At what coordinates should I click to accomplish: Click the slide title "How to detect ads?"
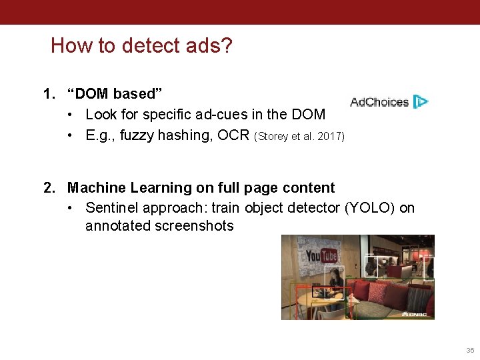141,45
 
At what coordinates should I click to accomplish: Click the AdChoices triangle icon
421,102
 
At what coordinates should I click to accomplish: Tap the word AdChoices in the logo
379,102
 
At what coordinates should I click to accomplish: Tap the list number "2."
50,188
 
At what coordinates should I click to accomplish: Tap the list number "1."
50,94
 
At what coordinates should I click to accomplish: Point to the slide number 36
470,351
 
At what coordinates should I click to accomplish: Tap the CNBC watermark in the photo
415,313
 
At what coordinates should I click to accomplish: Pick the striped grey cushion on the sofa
418,298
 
